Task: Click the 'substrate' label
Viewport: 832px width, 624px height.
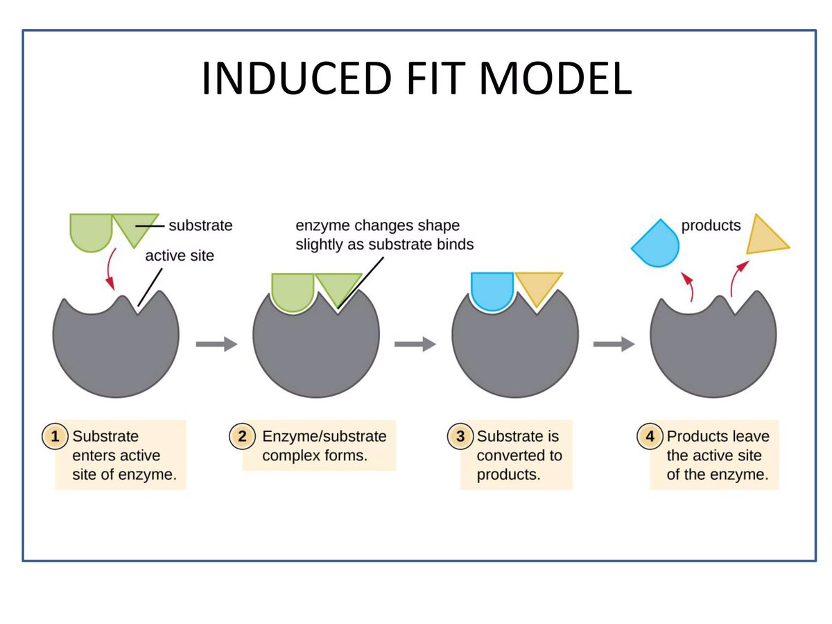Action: (x=200, y=225)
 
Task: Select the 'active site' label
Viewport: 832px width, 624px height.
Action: (x=179, y=256)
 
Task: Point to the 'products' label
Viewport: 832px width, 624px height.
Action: (x=711, y=225)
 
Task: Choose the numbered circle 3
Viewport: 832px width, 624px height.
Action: (x=460, y=437)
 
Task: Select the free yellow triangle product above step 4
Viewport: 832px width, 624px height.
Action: (x=765, y=239)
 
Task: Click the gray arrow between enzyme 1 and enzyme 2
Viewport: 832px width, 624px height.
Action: (x=216, y=345)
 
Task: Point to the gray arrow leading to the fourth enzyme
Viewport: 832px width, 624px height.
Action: (x=613, y=345)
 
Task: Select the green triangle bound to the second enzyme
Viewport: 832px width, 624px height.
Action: (x=338, y=286)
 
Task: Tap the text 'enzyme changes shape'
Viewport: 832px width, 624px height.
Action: (x=377, y=226)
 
